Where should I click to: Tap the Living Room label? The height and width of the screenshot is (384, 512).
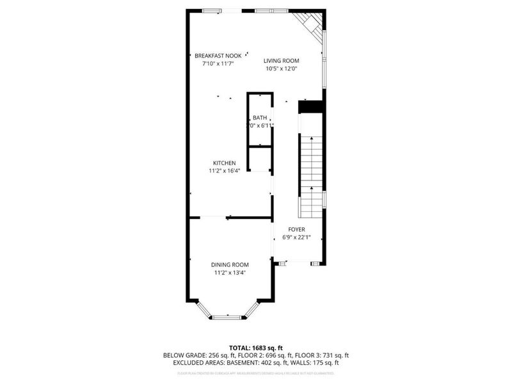coord(282,61)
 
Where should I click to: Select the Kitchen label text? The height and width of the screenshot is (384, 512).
coord(225,163)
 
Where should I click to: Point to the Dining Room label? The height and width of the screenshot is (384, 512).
coord(230,264)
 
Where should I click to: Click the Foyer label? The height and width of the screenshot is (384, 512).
coord(296,229)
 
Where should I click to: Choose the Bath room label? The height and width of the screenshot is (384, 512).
coord(260,118)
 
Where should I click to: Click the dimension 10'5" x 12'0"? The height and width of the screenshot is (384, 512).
coord(282,68)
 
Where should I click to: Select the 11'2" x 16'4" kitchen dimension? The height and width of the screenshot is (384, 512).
coord(225,171)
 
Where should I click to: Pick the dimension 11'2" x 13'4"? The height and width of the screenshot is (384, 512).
coord(230,273)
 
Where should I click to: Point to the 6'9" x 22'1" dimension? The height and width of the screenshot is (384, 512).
coord(296,237)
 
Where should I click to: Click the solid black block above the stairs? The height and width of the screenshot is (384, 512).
coord(311,107)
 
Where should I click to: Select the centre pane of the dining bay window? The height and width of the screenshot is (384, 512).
coord(228,316)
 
